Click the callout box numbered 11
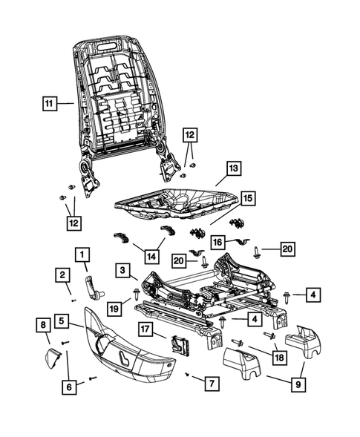coord(49,105)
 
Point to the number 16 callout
coord(216,241)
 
